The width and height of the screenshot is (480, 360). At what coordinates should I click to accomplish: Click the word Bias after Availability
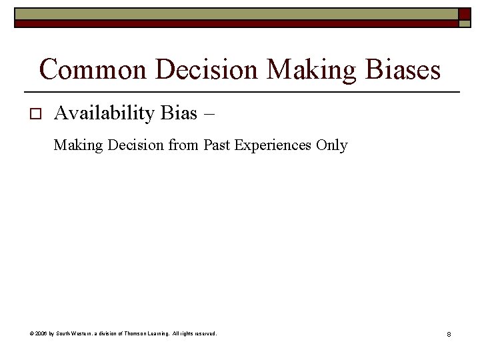[179, 113]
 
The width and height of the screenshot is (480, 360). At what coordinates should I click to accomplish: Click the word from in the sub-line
[184, 145]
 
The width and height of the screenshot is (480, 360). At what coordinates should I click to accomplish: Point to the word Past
[217, 145]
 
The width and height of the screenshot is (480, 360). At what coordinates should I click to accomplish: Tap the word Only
[332, 145]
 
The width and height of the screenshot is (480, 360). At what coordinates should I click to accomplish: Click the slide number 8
[449, 333]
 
